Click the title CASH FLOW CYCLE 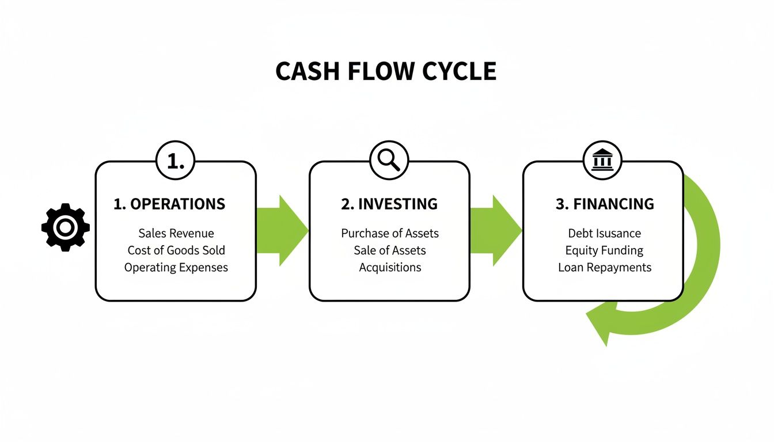[386, 71]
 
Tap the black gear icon [66, 227]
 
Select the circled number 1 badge [176, 161]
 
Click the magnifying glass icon [389, 161]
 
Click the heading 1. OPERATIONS [169, 204]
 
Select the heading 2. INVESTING [389, 204]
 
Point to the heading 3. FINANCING [605, 204]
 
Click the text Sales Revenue [176, 233]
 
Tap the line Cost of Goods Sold [176, 250]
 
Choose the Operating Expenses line [176, 268]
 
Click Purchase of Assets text [390, 233]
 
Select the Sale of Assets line [390, 250]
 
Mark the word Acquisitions [390, 268]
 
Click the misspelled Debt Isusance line [604, 233]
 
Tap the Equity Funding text [604, 250]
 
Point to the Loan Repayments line [604, 268]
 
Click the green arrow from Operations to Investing [282, 230]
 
